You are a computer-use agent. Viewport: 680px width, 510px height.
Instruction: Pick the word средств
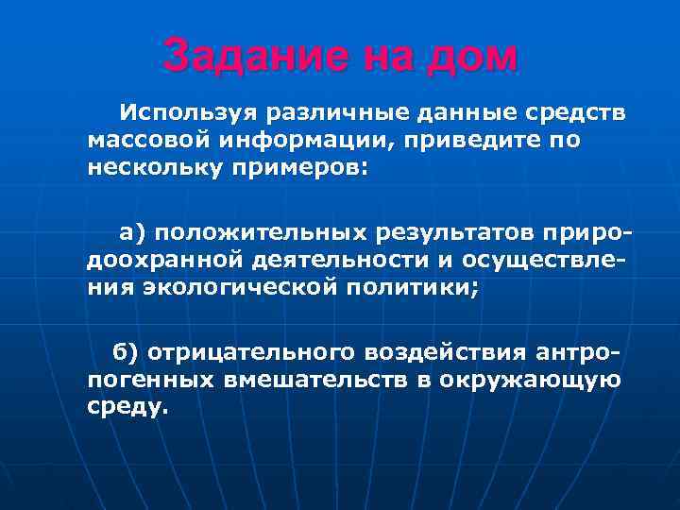[570, 114]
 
